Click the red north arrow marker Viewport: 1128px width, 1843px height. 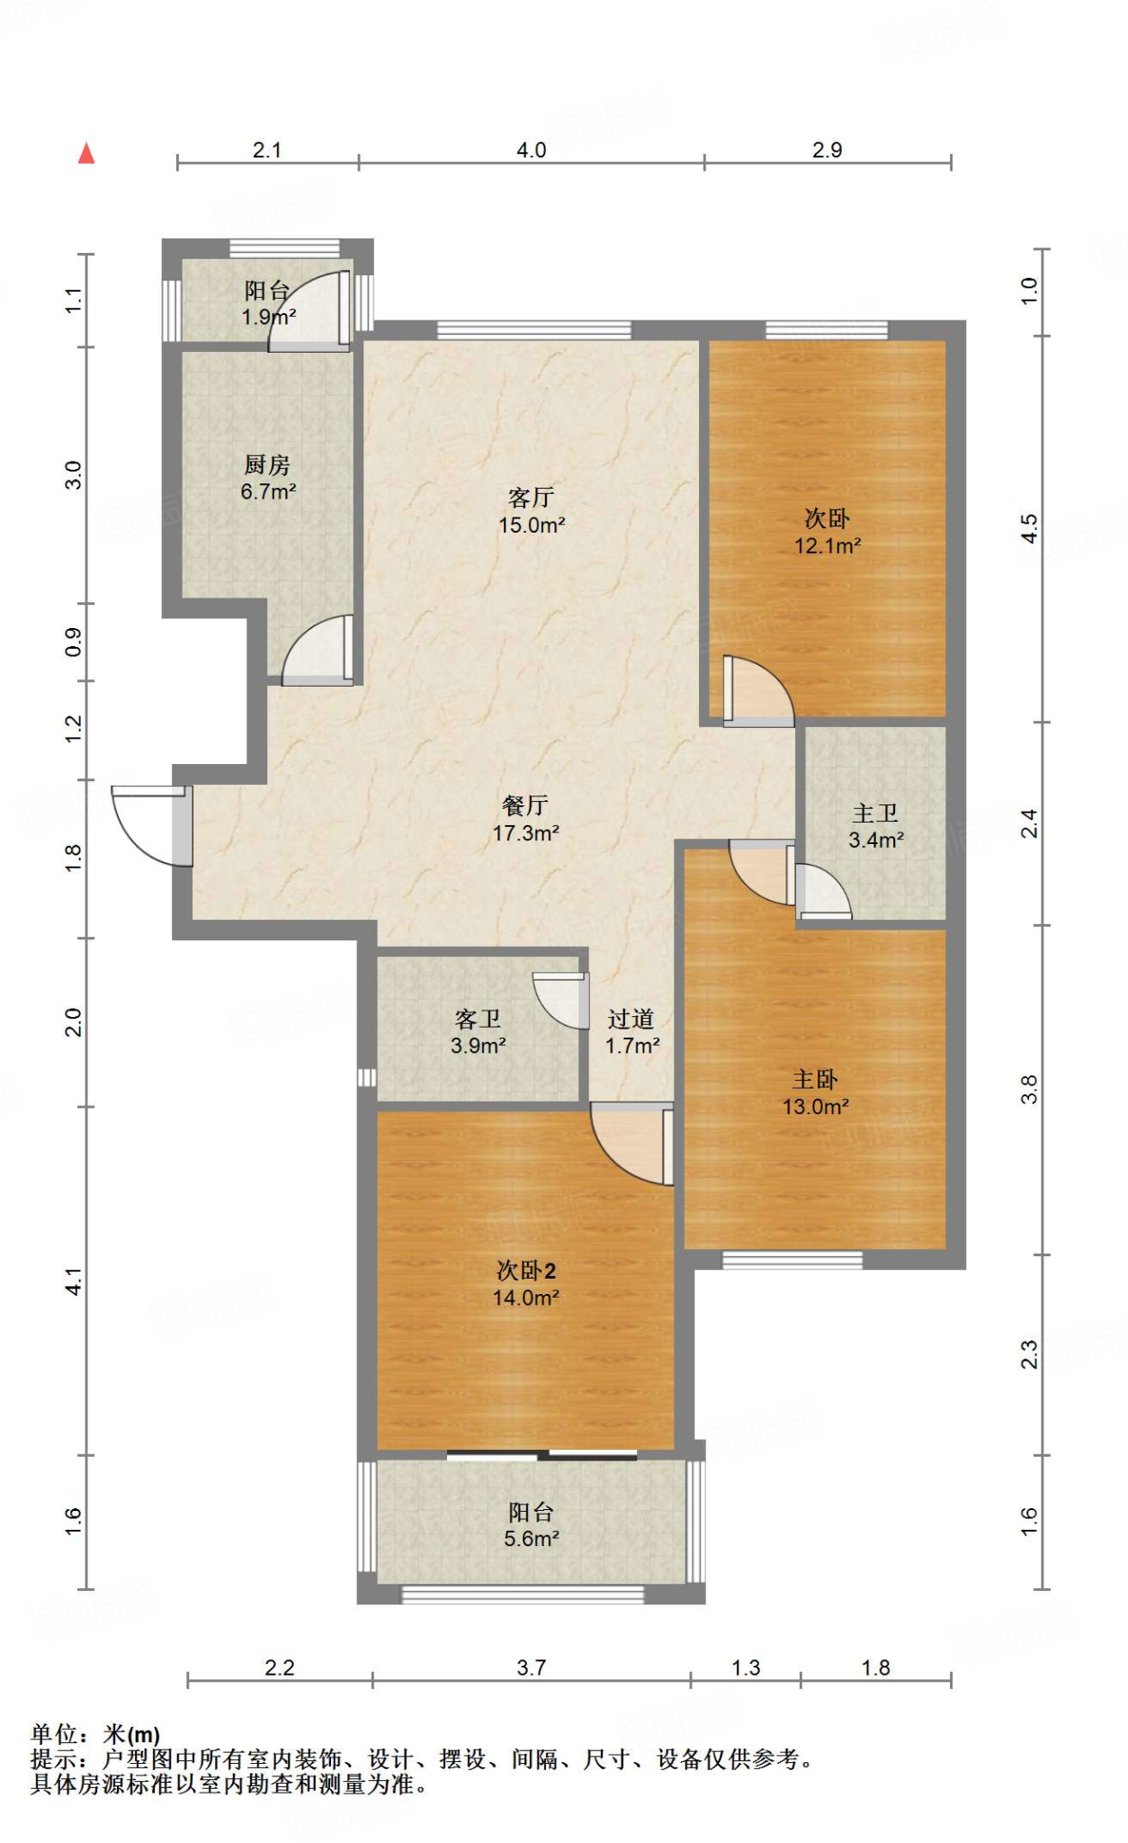click(86, 153)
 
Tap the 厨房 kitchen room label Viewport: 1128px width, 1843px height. click(267, 465)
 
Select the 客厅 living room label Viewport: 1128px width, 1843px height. click(531, 498)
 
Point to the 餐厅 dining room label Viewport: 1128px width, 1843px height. click(525, 805)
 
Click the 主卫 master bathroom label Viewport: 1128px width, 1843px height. click(875, 814)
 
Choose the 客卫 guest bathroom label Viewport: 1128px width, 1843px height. click(478, 1020)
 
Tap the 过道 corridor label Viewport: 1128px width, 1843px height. click(631, 1020)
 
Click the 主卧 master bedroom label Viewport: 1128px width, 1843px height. click(815, 1080)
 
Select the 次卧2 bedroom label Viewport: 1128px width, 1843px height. click(526, 1271)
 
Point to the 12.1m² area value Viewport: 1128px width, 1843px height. click(828, 545)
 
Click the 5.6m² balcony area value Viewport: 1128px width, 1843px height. click(532, 1539)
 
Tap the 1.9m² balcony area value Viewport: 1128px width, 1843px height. click(268, 317)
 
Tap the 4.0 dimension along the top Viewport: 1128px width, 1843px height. click(531, 150)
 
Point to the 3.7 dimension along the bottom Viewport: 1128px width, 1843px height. click(531, 1668)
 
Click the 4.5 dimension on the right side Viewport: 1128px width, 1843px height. click(1030, 528)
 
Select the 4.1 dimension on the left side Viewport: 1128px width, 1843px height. click(74, 1281)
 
